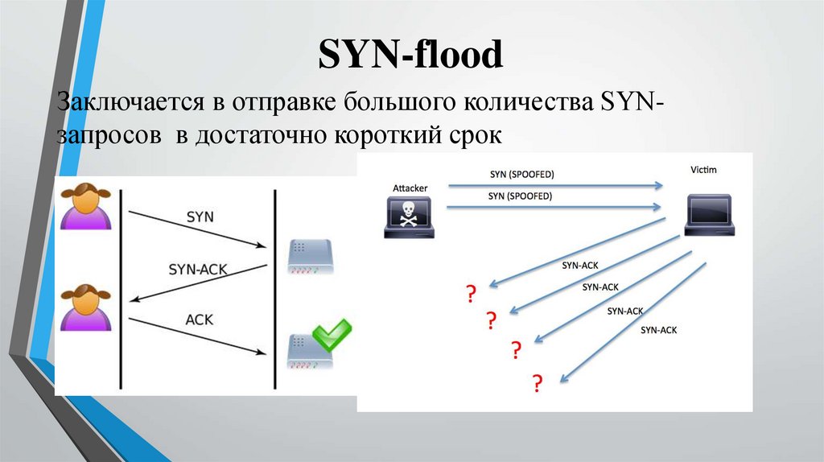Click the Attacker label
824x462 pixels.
410,188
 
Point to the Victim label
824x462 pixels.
703,171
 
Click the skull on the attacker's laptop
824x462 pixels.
409,213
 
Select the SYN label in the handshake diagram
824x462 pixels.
200,217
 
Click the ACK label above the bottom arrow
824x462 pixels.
199,320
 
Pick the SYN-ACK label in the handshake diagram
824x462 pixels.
196,269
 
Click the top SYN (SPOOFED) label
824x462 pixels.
521,174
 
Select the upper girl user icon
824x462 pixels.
85,207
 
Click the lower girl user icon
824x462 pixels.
85,307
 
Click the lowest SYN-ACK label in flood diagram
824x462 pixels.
659,329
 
